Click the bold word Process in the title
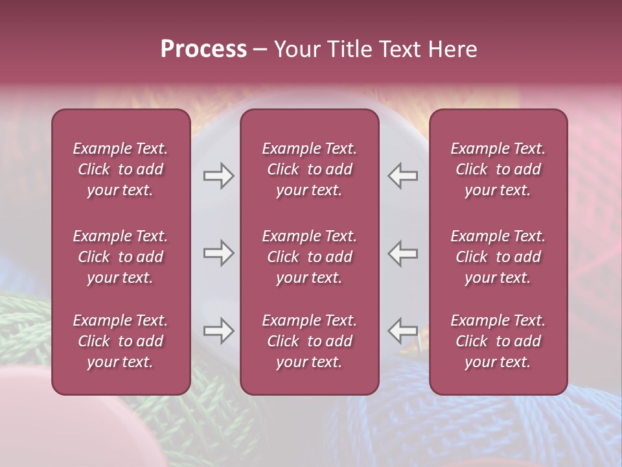(203, 49)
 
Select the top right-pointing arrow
(218, 176)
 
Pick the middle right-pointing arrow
(218, 253)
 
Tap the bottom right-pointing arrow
(218, 331)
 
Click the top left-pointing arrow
(403, 176)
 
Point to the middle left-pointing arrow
(403, 253)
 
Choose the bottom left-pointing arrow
(403, 331)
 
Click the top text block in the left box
(121, 169)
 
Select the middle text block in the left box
(121, 257)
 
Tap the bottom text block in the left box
(121, 341)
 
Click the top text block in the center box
(310, 169)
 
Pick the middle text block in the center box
(310, 257)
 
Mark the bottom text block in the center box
(310, 341)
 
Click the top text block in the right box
(498, 169)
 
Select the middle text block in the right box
(498, 257)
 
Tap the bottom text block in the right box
(498, 341)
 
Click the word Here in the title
(454, 49)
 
